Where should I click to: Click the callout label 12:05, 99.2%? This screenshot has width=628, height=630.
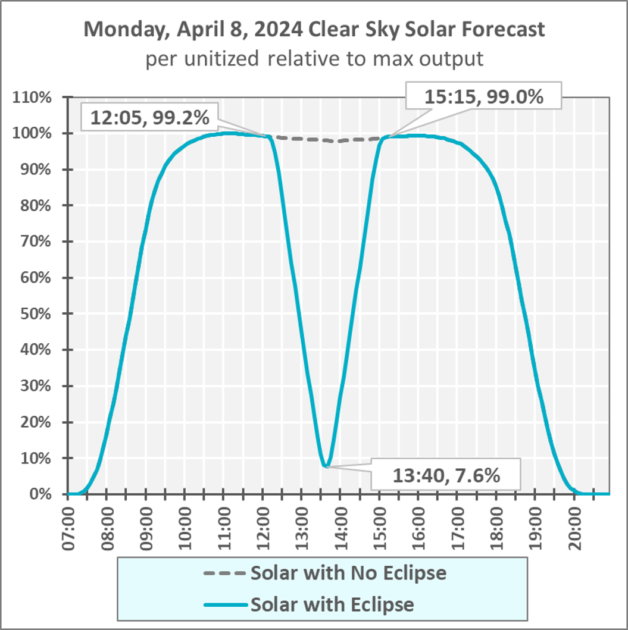(x=149, y=118)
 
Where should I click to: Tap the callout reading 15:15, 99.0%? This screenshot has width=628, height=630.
(x=484, y=96)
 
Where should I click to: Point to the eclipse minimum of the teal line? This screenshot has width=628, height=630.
(x=326, y=466)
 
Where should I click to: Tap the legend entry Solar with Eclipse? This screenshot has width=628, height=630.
(x=332, y=604)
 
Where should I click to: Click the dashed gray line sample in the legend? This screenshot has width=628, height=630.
(x=224, y=574)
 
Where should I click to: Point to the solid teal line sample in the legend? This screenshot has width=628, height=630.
(x=224, y=605)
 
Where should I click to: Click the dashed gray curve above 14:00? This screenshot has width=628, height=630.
(x=340, y=141)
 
